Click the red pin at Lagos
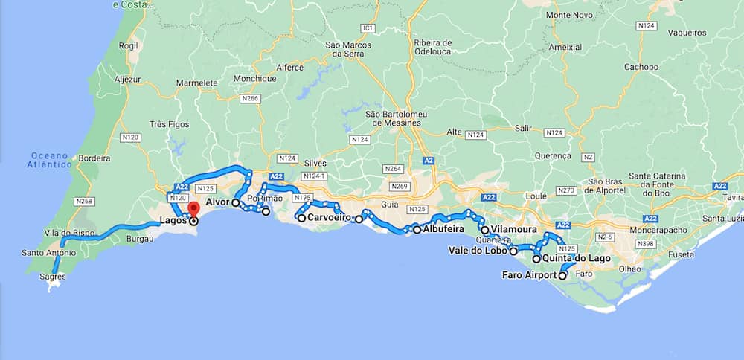pyautogui.click(x=193, y=210)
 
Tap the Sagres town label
pyautogui.click(x=53, y=277)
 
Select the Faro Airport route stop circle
pyautogui.click(x=562, y=276)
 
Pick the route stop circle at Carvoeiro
pyautogui.click(x=301, y=218)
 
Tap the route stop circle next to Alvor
pyautogui.click(x=235, y=202)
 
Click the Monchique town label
pyautogui.click(x=254, y=79)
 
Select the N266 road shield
pyautogui.click(x=251, y=98)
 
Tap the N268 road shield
pyautogui.click(x=84, y=201)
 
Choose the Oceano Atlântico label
pyautogui.click(x=49, y=160)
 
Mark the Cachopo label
pyautogui.click(x=641, y=67)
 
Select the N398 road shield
pyautogui.click(x=645, y=245)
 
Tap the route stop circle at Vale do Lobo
pyautogui.click(x=513, y=251)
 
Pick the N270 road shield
pyautogui.click(x=566, y=190)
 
